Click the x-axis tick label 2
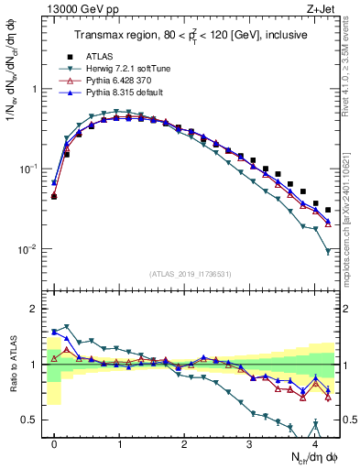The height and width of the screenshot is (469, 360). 184,444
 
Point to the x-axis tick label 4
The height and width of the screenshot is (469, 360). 314,444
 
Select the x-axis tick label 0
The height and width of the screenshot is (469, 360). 54,444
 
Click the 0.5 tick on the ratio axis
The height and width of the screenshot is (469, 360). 31,420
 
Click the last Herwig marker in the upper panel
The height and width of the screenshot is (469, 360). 328,251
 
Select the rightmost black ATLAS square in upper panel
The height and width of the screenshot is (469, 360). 328,210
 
